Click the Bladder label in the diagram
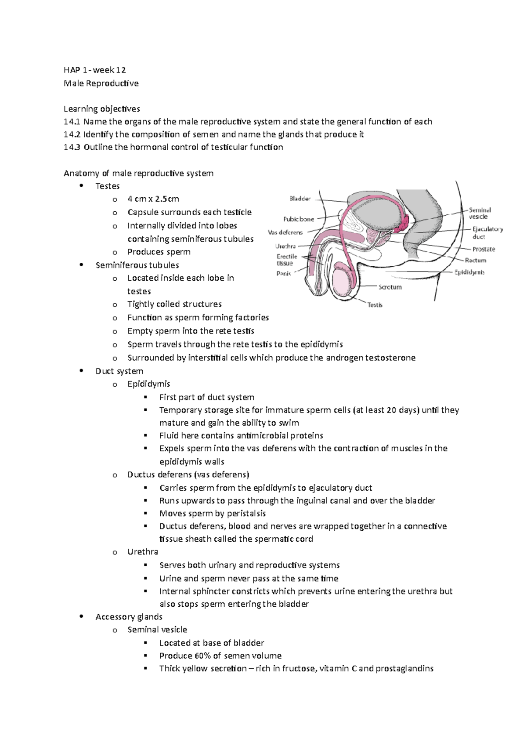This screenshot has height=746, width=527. [x=300, y=199]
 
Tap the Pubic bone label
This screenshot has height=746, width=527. [x=299, y=219]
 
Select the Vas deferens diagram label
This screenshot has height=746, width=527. [x=285, y=232]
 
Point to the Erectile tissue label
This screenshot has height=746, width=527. [x=287, y=260]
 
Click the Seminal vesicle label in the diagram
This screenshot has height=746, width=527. [x=480, y=213]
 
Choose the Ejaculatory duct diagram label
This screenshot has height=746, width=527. [x=487, y=232]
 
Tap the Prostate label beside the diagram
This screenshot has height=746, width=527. [x=484, y=249]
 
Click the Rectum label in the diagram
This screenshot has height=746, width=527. [x=475, y=260]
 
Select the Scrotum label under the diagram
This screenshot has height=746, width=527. [x=390, y=287]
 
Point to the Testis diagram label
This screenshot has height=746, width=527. [x=375, y=304]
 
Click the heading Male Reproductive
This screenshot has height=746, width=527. [x=101, y=83]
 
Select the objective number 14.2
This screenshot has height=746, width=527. [x=72, y=134]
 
